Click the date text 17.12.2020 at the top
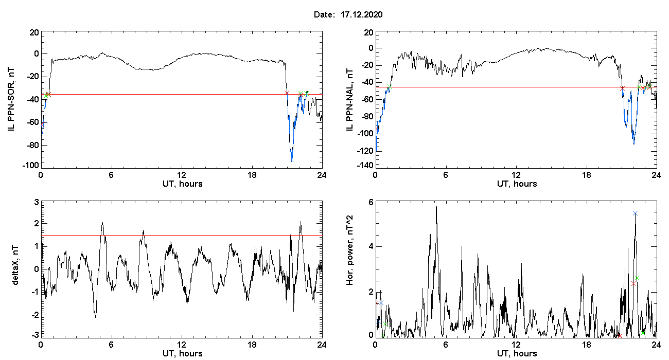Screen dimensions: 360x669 coord(361,15)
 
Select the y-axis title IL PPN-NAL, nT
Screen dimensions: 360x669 coord(350,99)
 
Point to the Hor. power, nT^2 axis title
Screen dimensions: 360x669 coord(350,268)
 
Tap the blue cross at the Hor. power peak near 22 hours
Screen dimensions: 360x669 coord(635,213)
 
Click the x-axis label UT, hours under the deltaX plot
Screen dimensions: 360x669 coord(182,353)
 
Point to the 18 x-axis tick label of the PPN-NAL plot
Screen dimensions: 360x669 coord(586,175)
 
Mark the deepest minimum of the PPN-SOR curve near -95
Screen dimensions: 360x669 coord(292,161)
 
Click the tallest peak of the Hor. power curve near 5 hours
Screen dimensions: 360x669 coord(436,206)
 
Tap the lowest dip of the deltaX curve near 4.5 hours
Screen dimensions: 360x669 coord(95,317)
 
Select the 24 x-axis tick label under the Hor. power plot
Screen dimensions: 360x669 coord(656,344)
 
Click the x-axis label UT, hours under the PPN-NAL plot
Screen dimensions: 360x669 coord(516,184)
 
